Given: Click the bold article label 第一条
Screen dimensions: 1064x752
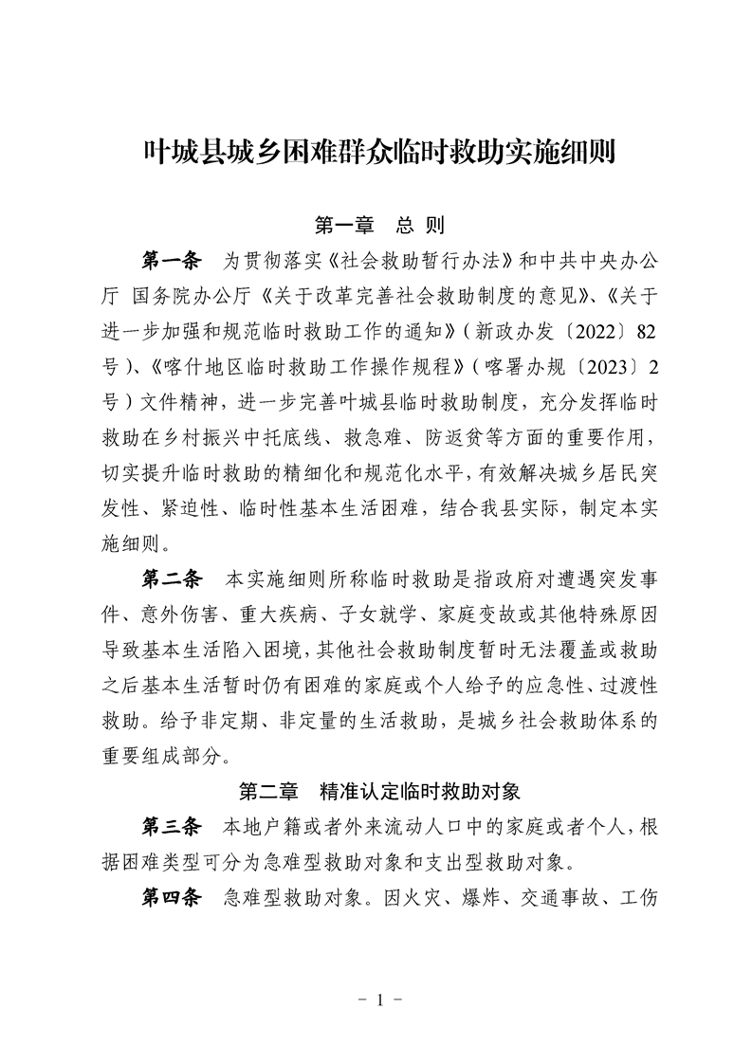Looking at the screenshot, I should pyautogui.click(x=172, y=259).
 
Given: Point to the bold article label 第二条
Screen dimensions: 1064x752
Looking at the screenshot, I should pyautogui.click(x=172, y=578).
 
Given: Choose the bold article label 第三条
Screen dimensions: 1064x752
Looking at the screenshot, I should pyautogui.click(x=172, y=826).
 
